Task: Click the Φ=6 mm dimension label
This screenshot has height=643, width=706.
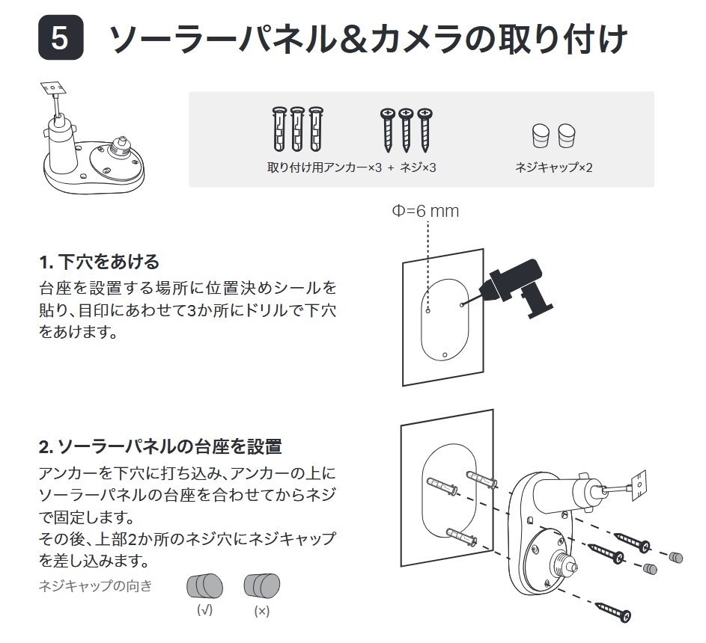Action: pos(425,211)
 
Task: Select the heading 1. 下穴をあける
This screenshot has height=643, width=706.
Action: pos(99,262)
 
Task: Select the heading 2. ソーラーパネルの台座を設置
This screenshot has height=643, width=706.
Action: pos(159,447)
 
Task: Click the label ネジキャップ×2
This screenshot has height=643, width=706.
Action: pos(553,167)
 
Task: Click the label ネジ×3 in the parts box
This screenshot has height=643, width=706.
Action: pos(418,167)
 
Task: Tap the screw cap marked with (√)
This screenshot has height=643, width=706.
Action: pos(204,585)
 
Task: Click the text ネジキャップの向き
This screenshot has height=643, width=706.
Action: pos(95,585)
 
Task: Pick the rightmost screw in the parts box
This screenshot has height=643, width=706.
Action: pos(425,129)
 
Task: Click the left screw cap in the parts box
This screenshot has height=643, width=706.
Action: pos(540,136)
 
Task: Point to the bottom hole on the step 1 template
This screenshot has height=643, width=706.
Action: pos(445,354)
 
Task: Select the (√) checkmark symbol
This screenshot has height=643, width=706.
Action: pos(204,610)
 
